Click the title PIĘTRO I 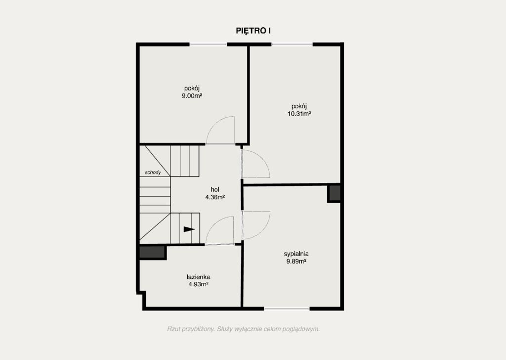pyautogui.click(x=253, y=31)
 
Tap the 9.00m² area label pyautogui.click(x=192, y=96)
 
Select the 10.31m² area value pyautogui.click(x=299, y=114)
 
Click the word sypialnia pyautogui.click(x=296, y=254)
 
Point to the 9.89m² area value pyautogui.click(x=296, y=262)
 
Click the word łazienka pyautogui.click(x=199, y=277)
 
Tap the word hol pyautogui.click(x=215, y=189)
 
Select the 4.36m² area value pyautogui.click(x=215, y=197)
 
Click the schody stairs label pyautogui.click(x=153, y=173)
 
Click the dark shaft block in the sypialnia pyautogui.click(x=335, y=193)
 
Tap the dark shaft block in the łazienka pyautogui.click(x=153, y=252)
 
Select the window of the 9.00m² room pyautogui.click(x=208, y=44)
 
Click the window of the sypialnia pyautogui.click(x=287, y=309)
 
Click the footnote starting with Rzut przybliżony pyautogui.click(x=243, y=329)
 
